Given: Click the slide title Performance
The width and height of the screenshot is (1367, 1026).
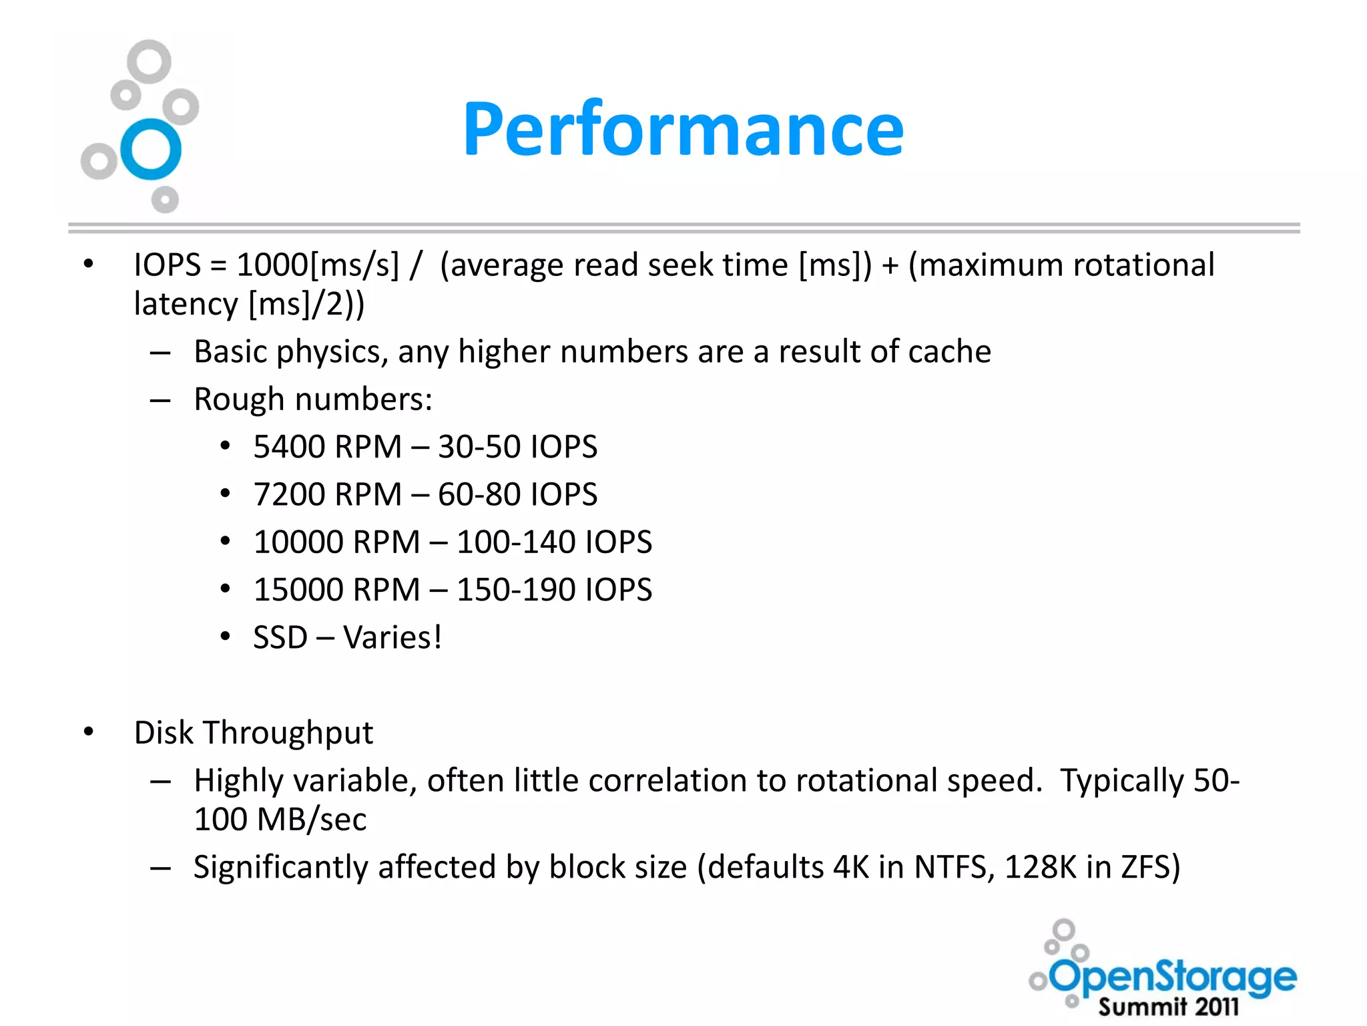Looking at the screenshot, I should tap(683, 129).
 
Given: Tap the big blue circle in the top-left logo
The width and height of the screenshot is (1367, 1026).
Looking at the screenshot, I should tap(152, 149).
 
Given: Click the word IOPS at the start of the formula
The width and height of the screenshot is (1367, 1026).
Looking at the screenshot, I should tap(167, 265).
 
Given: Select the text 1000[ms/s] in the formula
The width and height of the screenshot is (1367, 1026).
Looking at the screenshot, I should tap(318, 265).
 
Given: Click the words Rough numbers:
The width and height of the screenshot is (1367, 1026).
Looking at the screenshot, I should tap(313, 399).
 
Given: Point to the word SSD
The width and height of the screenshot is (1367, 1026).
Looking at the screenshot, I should tap(280, 638).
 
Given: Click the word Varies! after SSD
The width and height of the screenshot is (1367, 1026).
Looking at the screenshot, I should tap(392, 638).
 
